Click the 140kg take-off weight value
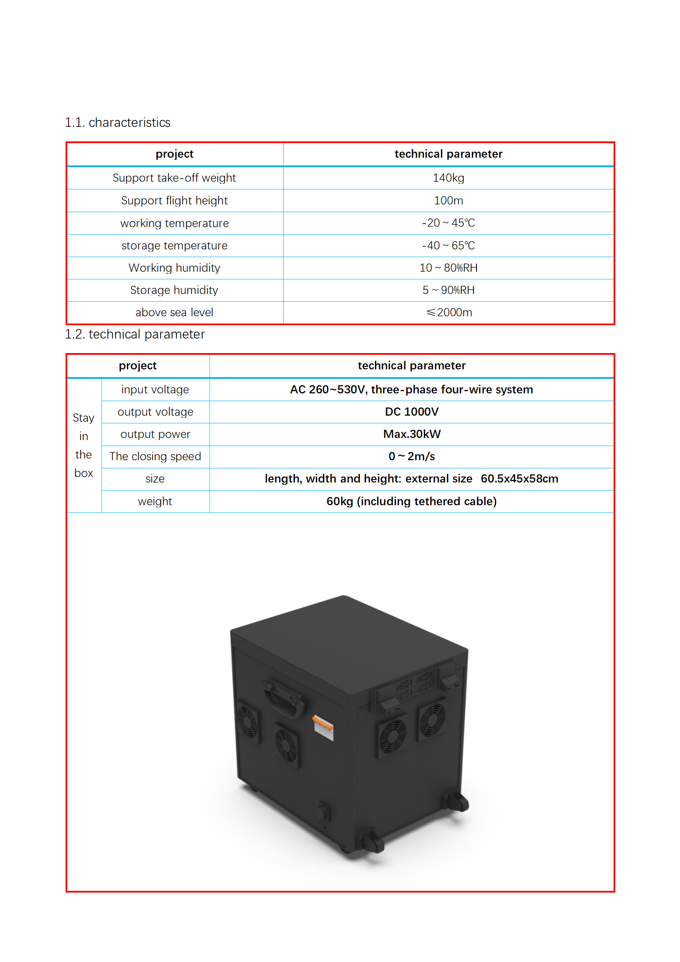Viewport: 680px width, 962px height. [x=448, y=178]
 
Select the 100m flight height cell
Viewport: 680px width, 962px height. [x=448, y=201]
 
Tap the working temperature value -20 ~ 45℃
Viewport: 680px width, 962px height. [x=448, y=223]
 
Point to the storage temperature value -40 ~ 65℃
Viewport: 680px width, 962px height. [x=448, y=246]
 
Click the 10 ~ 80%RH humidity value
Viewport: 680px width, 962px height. [x=448, y=268]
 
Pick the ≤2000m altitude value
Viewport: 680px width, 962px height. [x=449, y=312]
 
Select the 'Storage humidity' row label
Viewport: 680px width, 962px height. [x=174, y=290]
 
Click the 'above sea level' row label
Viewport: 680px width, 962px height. [x=174, y=312]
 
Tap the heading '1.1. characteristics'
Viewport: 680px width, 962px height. [x=117, y=123]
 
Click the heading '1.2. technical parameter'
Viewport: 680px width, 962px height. [x=135, y=334]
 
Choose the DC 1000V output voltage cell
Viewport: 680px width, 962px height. [x=411, y=412]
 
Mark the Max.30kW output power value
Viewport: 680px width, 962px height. [x=411, y=434]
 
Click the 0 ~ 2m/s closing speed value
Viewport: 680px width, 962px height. [x=411, y=456]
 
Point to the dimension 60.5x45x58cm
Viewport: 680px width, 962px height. [x=519, y=479]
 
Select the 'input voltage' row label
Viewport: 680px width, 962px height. [x=155, y=390]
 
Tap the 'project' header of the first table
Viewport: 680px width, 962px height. [x=174, y=154]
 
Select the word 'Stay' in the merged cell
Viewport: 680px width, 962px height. [x=84, y=418]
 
